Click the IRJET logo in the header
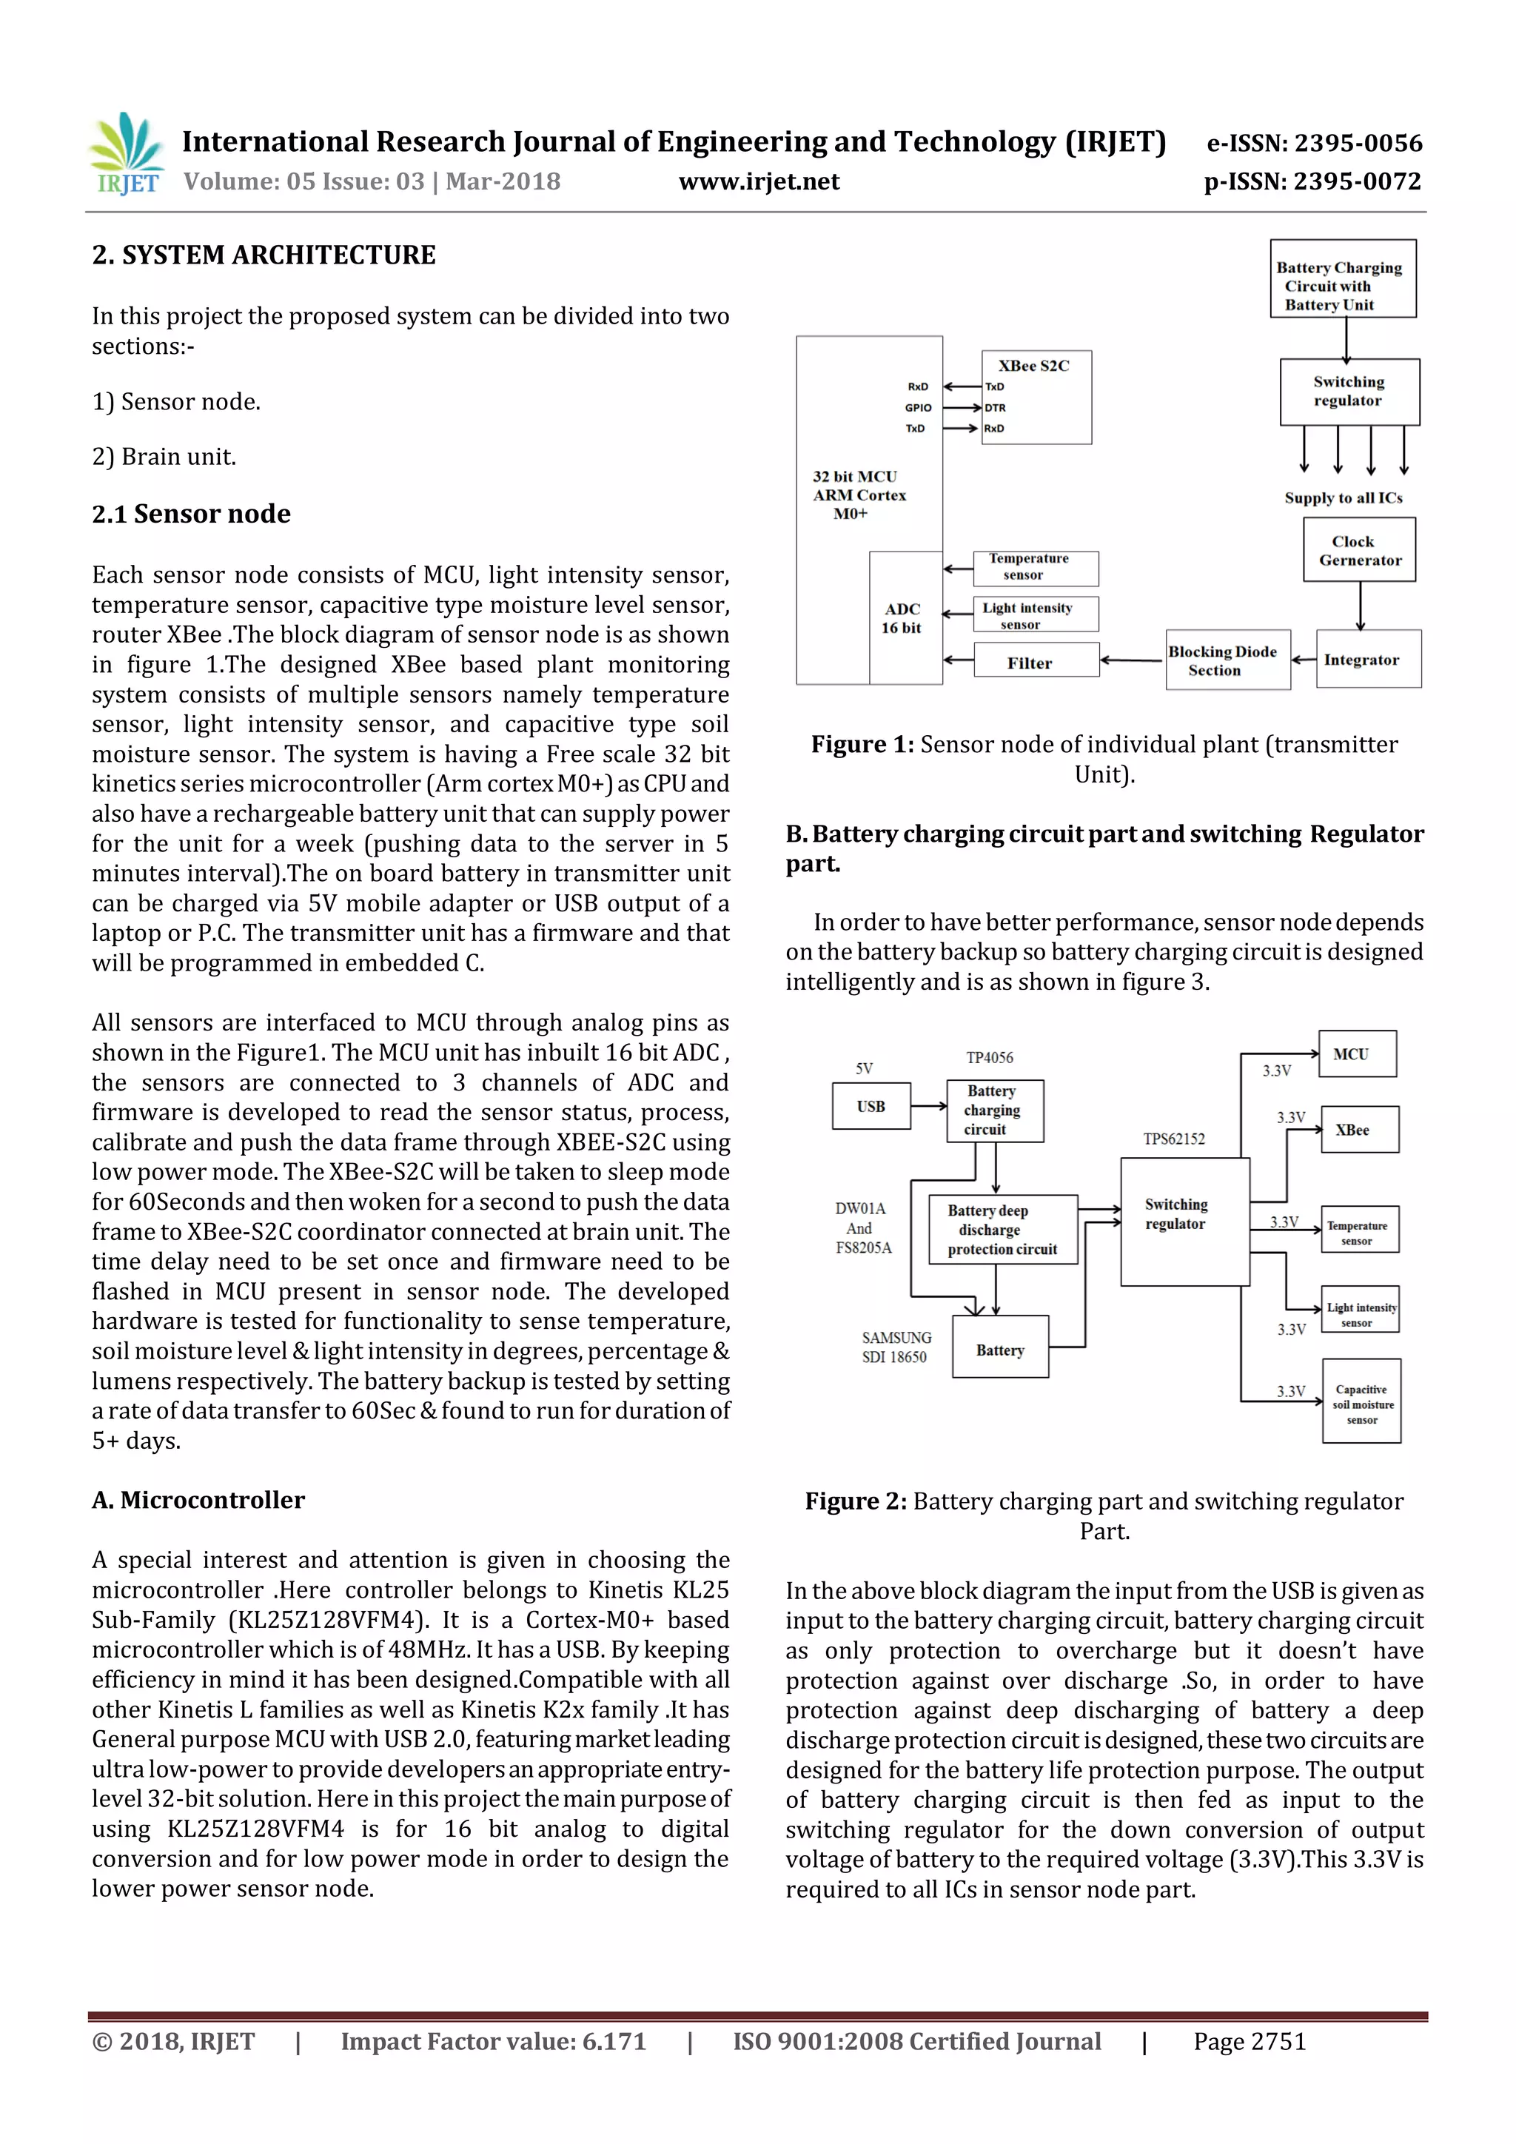click(126, 154)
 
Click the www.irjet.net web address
click(759, 181)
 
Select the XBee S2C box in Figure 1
click(1036, 397)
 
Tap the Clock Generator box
click(1359, 550)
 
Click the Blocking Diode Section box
click(1227, 660)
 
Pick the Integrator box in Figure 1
click(1369, 659)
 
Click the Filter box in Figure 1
click(1036, 661)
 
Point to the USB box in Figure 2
click(871, 1107)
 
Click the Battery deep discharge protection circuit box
click(1002, 1230)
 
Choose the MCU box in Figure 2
click(1358, 1054)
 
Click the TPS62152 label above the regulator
click(1174, 1139)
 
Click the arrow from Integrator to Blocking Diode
click(1303, 660)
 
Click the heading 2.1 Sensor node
click(192, 514)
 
